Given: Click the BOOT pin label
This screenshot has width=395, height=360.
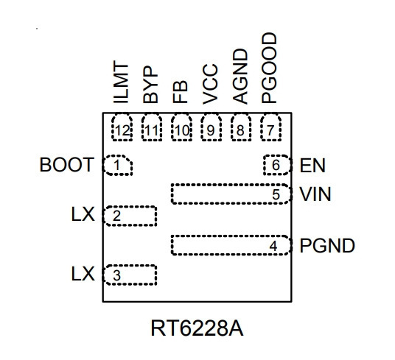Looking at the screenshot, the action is pos(67,165).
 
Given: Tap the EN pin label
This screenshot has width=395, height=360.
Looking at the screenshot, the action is pos(312,166).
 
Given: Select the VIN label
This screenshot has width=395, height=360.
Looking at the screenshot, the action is pos(315,194).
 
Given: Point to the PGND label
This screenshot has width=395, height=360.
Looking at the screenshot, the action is pos(327,246).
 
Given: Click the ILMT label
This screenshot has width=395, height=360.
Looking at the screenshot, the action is pos(121,82).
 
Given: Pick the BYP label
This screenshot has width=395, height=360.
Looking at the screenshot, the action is pos(150,85).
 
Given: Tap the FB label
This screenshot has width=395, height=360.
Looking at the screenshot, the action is pos(181,92).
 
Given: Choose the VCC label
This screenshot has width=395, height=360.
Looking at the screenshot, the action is pos(210,84).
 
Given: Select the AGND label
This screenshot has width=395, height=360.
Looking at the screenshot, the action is pos(240,77).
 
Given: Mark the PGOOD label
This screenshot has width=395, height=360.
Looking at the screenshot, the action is pos(269,68).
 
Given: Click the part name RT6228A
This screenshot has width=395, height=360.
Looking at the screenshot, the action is pos(197,328).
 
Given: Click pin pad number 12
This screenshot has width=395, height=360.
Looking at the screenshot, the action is pos(122,127).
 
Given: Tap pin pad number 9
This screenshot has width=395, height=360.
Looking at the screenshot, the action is pos(212,127).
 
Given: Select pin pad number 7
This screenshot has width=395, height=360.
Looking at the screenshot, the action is pos(270,127).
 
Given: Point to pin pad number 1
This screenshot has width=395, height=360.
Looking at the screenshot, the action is pos(117,165).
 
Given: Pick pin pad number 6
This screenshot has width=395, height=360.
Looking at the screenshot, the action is pos(277,165).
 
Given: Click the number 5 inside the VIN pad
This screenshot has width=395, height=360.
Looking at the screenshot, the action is pos(276,194).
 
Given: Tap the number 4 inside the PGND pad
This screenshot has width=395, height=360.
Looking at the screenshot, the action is pos(273,246).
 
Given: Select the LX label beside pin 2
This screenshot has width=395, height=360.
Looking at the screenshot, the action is pos(83,214).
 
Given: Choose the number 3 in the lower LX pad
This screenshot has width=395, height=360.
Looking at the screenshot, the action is pos(116,275).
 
